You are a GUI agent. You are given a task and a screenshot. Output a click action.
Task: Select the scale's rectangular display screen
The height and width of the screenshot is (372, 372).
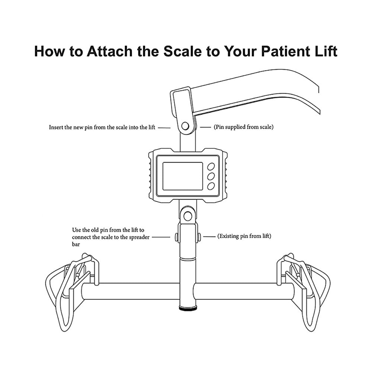182,176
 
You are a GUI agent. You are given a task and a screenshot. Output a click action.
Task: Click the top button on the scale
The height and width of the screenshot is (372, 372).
211,166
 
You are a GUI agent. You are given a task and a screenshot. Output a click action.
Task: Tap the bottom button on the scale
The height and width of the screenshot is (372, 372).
211,186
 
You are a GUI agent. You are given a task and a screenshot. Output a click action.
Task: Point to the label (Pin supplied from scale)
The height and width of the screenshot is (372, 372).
243,127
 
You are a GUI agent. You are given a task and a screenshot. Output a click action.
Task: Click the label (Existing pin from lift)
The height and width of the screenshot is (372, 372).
244,236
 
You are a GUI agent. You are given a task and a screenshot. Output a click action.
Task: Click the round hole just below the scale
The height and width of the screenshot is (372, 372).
187,216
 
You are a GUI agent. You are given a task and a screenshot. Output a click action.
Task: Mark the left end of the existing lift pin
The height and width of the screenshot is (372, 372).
176,236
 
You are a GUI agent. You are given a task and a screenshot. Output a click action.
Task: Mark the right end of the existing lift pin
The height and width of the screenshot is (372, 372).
199,236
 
